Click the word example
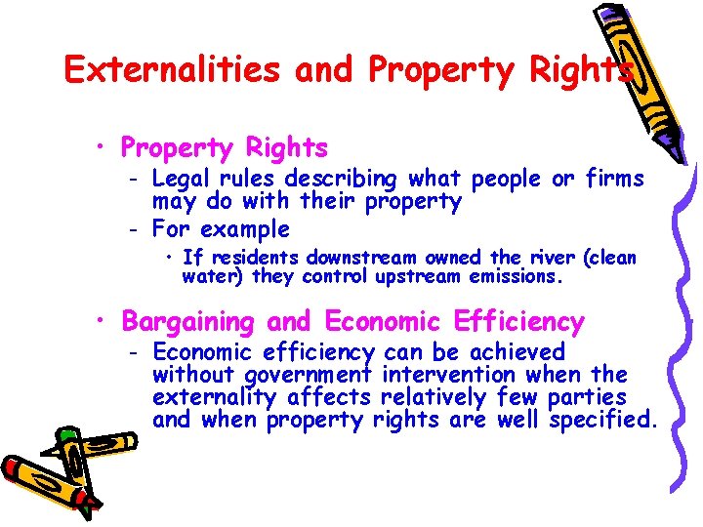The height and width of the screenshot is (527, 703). pyautogui.click(x=244, y=229)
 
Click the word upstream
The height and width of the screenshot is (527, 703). pyautogui.click(x=418, y=276)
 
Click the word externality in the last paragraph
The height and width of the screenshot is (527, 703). pyautogui.click(x=215, y=397)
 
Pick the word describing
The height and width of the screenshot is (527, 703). pyautogui.click(x=342, y=179)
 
